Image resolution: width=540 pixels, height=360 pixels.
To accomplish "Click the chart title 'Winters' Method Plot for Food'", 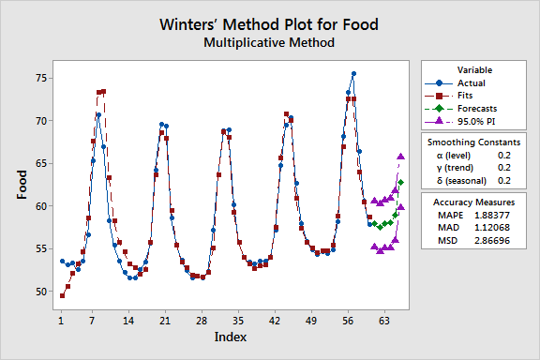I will pyautogui.click(x=270, y=24).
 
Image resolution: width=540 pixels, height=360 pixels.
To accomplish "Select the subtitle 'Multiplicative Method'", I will pyautogui.click(x=270, y=43).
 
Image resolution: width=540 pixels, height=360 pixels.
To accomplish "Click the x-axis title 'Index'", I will pyautogui.click(x=231, y=336).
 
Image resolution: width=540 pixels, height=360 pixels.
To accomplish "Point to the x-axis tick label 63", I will pyautogui.click(x=384, y=320).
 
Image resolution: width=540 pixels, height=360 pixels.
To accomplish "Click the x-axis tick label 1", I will pyautogui.click(x=61, y=320).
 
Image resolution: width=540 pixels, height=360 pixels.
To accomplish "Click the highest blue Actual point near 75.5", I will pyautogui.click(x=353, y=73).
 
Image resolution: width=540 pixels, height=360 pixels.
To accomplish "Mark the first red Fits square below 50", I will pyautogui.click(x=62, y=295).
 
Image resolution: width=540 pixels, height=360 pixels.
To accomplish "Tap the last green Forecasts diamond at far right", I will pyautogui.click(x=401, y=182).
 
